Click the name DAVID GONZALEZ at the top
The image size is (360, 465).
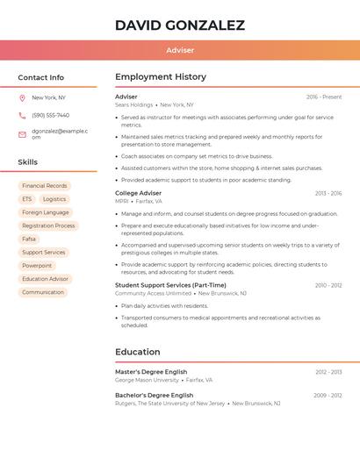(x=180, y=25)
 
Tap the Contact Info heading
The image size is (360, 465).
(x=41, y=77)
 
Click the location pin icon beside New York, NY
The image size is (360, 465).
(x=22, y=97)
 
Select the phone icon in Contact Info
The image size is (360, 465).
(x=22, y=115)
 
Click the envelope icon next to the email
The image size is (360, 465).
(x=22, y=134)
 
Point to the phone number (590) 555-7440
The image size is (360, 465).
(x=50, y=115)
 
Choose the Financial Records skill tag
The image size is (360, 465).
(x=45, y=186)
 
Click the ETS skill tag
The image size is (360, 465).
(x=27, y=199)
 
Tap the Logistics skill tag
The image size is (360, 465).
(x=54, y=199)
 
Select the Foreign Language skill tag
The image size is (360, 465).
(x=45, y=212)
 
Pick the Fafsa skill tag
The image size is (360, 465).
(x=29, y=239)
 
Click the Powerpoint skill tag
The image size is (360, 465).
(x=37, y=265)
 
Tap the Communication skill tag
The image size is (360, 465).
(x=43, y=292)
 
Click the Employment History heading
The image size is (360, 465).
(x=161, y=77)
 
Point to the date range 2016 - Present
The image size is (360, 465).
(x=324, y=97)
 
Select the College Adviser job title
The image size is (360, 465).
(x=138, y=193)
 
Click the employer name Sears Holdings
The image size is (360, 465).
(x=134, y=104)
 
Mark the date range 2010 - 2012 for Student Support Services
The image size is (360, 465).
(x=328, y=285)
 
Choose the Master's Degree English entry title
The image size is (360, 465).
(x=151, y=372)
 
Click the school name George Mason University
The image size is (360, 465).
(x=147, y=380)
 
